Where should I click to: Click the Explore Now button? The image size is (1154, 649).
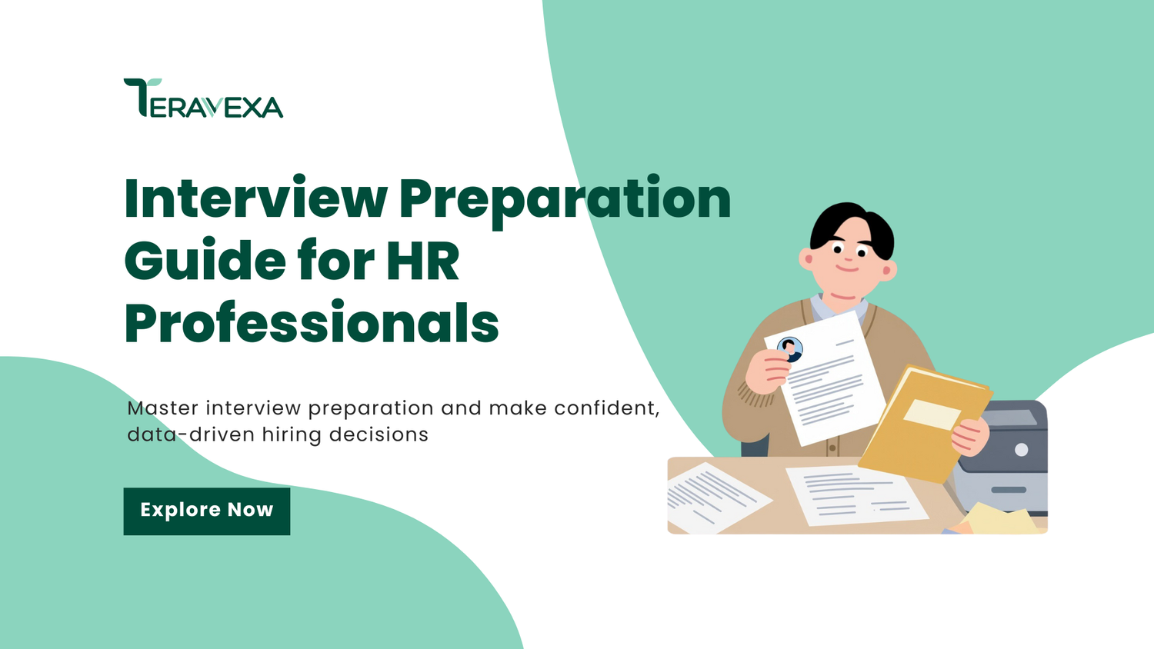207,511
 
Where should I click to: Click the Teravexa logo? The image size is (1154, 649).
203,98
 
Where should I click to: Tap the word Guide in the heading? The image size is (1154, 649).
205,260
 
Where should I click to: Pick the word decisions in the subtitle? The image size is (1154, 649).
379,434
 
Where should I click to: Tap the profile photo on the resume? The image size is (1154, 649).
790,349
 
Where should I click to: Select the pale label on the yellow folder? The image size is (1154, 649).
932,414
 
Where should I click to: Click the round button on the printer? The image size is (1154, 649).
1021,450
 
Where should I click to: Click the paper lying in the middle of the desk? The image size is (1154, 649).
857,495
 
